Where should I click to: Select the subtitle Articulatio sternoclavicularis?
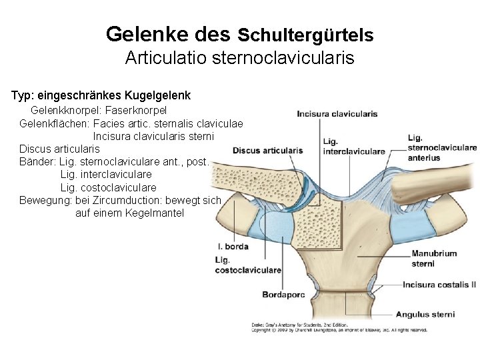(x=239, y=58)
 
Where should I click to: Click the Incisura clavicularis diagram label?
(x=337, y=113)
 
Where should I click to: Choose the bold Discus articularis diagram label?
(x=267, y=151)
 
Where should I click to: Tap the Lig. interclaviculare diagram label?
(x=353, y=147)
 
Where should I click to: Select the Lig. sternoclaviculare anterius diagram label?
(x=441, y=148)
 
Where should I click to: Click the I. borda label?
(x=233, y=247)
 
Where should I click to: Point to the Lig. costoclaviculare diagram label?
(x=247, y=265)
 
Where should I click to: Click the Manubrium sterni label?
(x=434, y=258)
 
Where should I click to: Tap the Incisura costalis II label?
(x=439, y=285)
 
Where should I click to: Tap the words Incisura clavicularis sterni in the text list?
(x=153, y=137)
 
